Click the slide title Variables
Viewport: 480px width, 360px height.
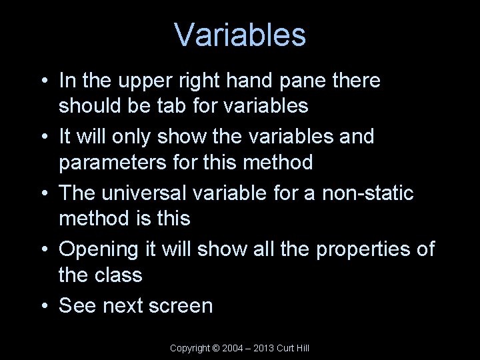[x=240, y=35]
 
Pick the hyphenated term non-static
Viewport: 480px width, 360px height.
[x=368, y=193]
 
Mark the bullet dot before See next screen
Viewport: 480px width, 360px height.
[x=43, y=306]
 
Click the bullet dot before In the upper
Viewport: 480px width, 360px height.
[x=43, y=81]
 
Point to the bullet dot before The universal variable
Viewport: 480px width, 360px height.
[x=43, y=193]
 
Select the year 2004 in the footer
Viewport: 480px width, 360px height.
[x=233, y=348]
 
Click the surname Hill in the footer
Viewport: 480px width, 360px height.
[x=301, y=348]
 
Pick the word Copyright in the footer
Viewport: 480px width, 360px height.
[x=190, y=348]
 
